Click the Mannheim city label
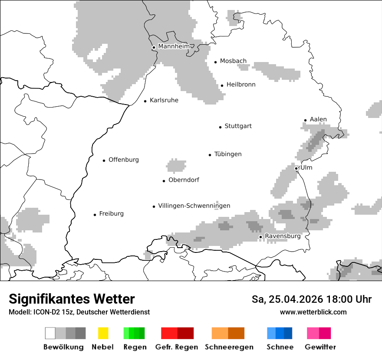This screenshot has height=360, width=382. pos(174,46)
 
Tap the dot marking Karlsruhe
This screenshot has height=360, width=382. pos(145,101)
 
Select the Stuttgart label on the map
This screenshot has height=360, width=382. pos(238,126)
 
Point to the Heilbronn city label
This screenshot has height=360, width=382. pos(241,85)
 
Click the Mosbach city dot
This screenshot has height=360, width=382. pos(215,62)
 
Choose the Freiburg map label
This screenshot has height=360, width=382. pos(111,214)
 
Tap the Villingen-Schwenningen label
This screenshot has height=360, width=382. pos(194,206)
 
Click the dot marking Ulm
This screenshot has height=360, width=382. pos(296,168)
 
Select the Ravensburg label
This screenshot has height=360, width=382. pos(283,236)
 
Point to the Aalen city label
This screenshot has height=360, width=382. pos(318,119)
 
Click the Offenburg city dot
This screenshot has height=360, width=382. pos(104,160)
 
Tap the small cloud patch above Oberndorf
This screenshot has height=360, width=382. pos(176,165)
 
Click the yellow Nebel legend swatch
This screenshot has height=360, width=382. pos(103,333)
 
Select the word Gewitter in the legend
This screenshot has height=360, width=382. pos(320,347)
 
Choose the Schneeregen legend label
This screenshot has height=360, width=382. pos(229,347)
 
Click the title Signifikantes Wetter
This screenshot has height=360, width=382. pos(72,299)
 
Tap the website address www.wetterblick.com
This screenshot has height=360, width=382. pos(313,312)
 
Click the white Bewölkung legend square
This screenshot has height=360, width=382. pos(50,333)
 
